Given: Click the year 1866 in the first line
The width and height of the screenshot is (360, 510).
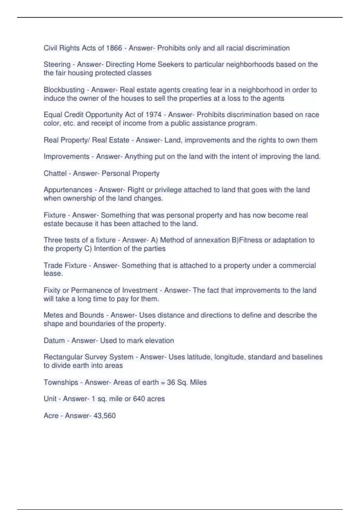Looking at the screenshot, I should point(114,48).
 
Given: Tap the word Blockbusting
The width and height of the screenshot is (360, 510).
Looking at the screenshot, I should point(64,90).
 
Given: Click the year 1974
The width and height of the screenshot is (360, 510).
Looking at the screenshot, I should point(153,115).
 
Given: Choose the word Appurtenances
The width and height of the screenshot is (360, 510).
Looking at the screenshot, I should point(68,190).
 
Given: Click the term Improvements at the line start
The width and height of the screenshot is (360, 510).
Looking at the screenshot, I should point(66,157).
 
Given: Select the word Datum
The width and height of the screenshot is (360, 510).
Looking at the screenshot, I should point(54,340).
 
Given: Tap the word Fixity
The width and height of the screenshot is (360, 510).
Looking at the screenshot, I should point(52,290).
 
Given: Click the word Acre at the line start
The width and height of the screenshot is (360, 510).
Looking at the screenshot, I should point(51,415).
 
